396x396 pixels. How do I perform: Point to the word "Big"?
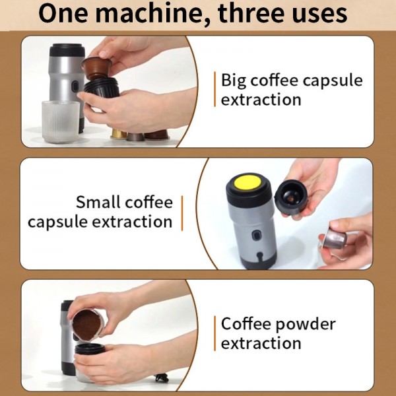tap(234, 81)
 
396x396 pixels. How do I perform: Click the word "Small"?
tap(99, 201)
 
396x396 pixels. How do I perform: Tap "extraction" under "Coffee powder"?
tap(261, 343)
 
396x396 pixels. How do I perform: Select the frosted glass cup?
tap(60, 120)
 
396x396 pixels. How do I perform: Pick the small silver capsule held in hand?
tap(333, 239)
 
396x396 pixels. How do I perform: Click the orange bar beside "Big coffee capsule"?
tap(214, 90)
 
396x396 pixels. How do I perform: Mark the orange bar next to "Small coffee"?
tap(181, 211)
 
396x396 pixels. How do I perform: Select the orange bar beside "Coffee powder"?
tap(214, 333)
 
